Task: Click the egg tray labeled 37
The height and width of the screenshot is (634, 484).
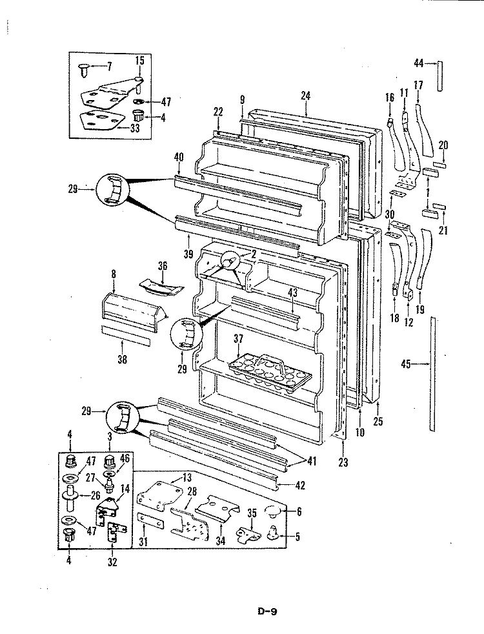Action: (270, 374)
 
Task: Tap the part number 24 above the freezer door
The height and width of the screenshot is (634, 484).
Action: (305, 96)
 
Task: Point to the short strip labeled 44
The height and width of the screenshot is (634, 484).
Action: (440, 76)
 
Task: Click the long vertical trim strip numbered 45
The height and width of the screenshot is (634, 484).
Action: (432, 374)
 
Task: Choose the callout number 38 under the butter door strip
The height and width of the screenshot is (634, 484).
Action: (123, 359)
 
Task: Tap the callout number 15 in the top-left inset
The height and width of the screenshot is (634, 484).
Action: (140, 61)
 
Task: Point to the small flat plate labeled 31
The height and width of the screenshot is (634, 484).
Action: (150, 520)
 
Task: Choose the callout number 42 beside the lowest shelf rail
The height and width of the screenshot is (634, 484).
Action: (299, 485)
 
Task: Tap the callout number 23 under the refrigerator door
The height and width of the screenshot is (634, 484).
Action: (343, 462)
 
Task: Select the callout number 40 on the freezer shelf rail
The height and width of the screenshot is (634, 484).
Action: (179, 157)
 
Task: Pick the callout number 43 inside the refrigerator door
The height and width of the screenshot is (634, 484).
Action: (292, 292)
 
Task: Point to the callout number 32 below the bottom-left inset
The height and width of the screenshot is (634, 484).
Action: (112, 562)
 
